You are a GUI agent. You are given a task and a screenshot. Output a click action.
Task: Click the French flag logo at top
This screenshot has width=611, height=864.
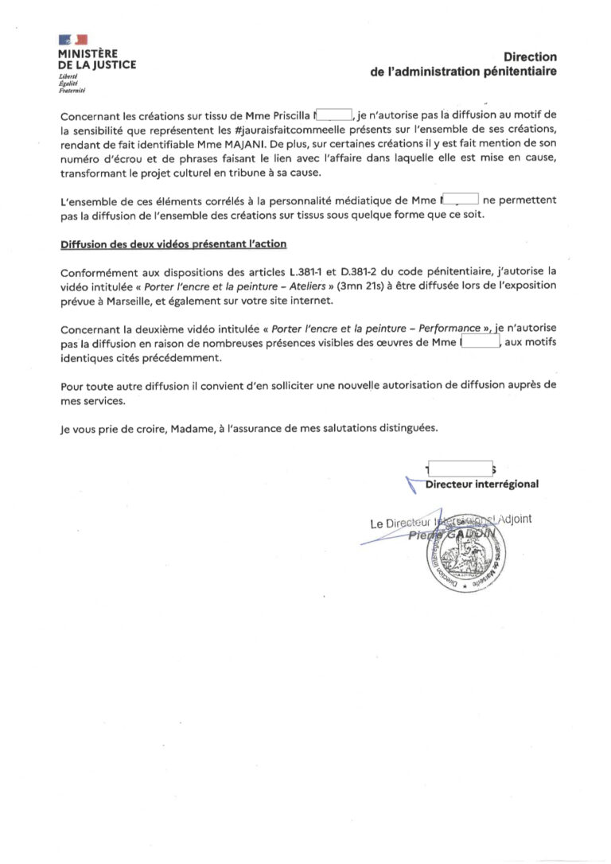[x=72, y=40]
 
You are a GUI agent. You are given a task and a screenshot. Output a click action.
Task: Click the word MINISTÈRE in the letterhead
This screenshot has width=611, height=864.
[x=88, y=53]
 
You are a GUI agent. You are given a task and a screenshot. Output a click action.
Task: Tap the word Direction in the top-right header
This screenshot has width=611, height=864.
[x=531, y=56]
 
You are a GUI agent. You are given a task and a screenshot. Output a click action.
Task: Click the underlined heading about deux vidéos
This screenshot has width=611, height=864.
[x=173, y=243]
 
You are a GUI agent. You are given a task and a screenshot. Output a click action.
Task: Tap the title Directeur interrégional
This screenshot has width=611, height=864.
[x=482, y=484]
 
